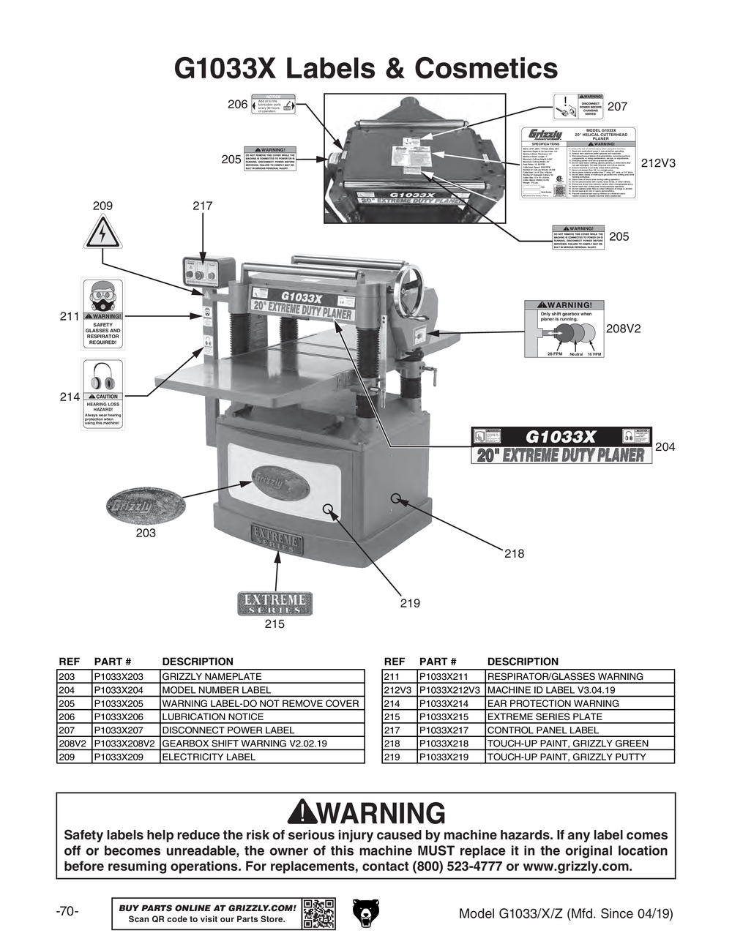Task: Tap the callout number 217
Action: point(202,206)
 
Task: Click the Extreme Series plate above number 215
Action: point(274,604)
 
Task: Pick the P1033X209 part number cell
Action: point(126,757)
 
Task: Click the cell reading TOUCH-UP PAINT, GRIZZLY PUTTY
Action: point(566,757)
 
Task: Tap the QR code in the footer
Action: point(319,913)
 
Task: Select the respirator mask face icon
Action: point(102,296)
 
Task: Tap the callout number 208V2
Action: point(623,329)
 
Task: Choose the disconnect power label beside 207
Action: point(578,106)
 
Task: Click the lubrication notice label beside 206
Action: point(273,105)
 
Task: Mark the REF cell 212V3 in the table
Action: point(398,690)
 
